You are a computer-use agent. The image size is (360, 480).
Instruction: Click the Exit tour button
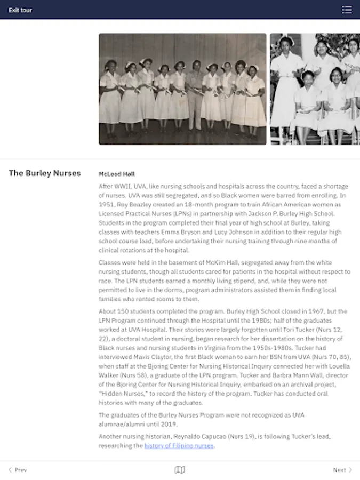click(20, 10)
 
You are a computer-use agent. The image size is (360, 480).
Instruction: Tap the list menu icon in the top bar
click(347, 10)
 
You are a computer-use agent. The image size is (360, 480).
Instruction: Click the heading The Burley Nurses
click(45, 173)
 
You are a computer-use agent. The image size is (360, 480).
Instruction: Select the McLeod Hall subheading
click(117, 174)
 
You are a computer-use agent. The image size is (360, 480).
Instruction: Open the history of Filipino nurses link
click(179, 446)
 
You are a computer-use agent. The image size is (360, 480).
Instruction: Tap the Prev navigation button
click(18, 470)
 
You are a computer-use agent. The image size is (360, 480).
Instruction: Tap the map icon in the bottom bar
click(180, 470)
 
